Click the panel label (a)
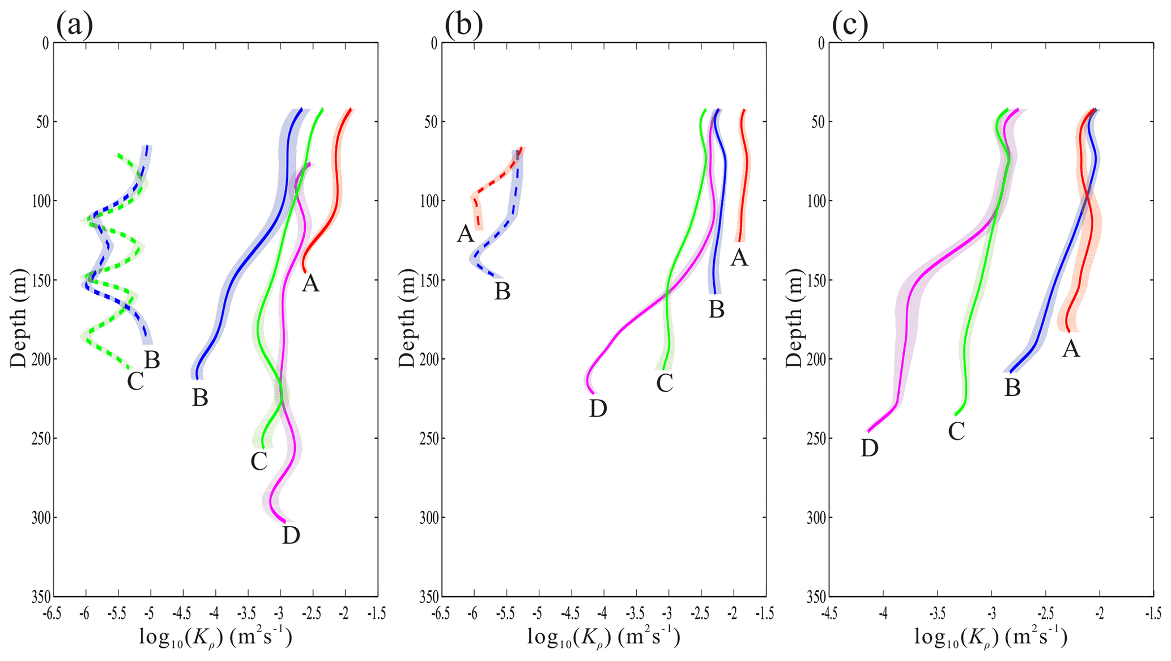74,26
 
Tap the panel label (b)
463,26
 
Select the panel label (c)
850,26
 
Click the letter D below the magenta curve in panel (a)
291,535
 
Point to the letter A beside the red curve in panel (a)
310,283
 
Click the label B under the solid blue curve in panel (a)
200,398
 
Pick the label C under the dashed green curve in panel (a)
135,382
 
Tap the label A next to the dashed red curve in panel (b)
466,234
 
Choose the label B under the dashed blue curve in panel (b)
503,291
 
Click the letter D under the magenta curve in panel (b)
598,408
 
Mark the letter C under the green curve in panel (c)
957,432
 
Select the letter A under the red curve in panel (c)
1071,349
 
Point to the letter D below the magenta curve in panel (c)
870,448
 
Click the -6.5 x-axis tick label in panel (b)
441,613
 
